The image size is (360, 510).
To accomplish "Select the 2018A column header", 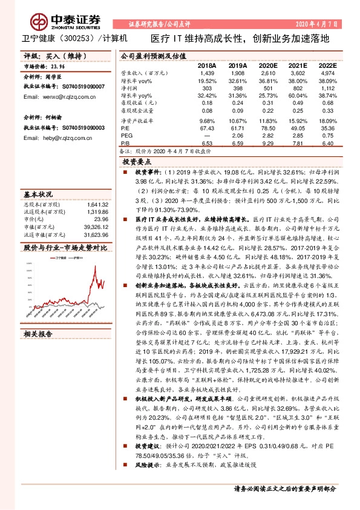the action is click(206, 65).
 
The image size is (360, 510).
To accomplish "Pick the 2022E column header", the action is click(327, 65).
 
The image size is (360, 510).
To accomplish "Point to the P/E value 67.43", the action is click(207, 128).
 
